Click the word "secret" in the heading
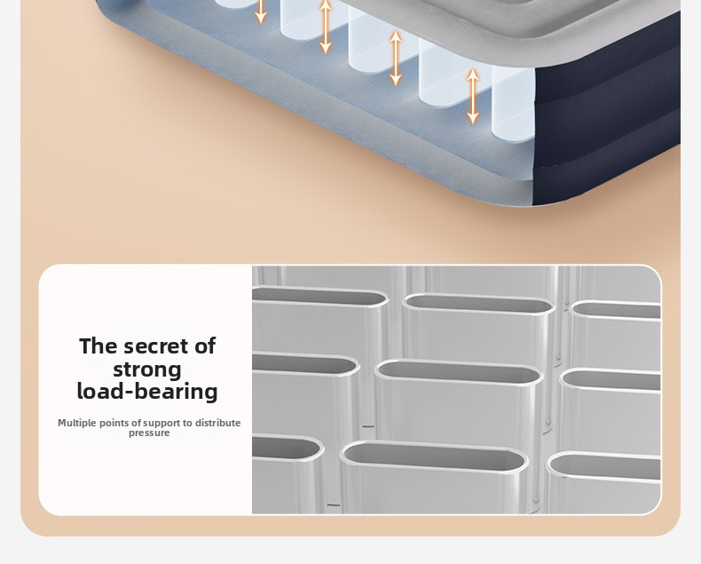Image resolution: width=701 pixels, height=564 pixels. tap(156, 346)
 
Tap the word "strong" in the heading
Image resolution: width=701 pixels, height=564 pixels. tap(147, 369)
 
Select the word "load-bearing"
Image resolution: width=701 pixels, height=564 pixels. tap(147, 391)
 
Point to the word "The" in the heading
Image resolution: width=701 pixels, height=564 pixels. tap(98, 346)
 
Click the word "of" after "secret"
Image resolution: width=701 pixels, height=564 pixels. tap(205, 346)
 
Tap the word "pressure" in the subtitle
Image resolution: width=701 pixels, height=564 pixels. tap(149, 433)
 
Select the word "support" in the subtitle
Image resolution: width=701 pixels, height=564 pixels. tap(161, 424)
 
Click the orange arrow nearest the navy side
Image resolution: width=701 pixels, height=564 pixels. tap(473, 95)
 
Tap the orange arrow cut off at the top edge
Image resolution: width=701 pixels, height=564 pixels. tap(261, 12)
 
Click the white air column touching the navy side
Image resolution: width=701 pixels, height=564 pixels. tap(513, 104)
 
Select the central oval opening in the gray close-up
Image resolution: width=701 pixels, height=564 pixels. tap(459, 371)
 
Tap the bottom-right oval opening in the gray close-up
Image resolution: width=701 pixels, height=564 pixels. tap(604, 466)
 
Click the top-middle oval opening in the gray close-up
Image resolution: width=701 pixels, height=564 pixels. tap(479, 304)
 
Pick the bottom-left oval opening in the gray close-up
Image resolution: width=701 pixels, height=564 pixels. tap(287, 446)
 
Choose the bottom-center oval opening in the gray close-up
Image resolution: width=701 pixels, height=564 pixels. tap(434, 456)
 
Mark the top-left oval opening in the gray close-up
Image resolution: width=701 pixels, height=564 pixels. tap(319, 296)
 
